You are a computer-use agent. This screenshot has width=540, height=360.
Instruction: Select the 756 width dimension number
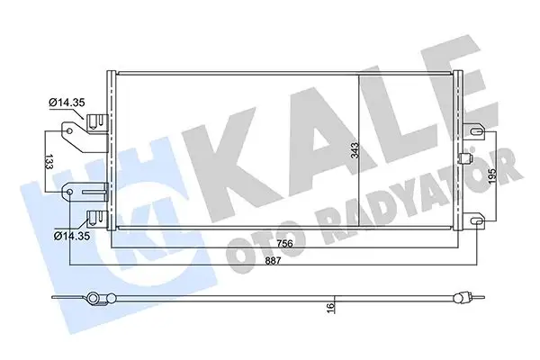tap(285, 241)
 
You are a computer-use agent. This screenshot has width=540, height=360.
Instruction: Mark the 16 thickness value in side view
tap(331, 308)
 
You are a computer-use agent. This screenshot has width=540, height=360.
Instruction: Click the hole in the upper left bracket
tap(67, 131)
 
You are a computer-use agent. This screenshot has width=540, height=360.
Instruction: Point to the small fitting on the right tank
tap(464, 159)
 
